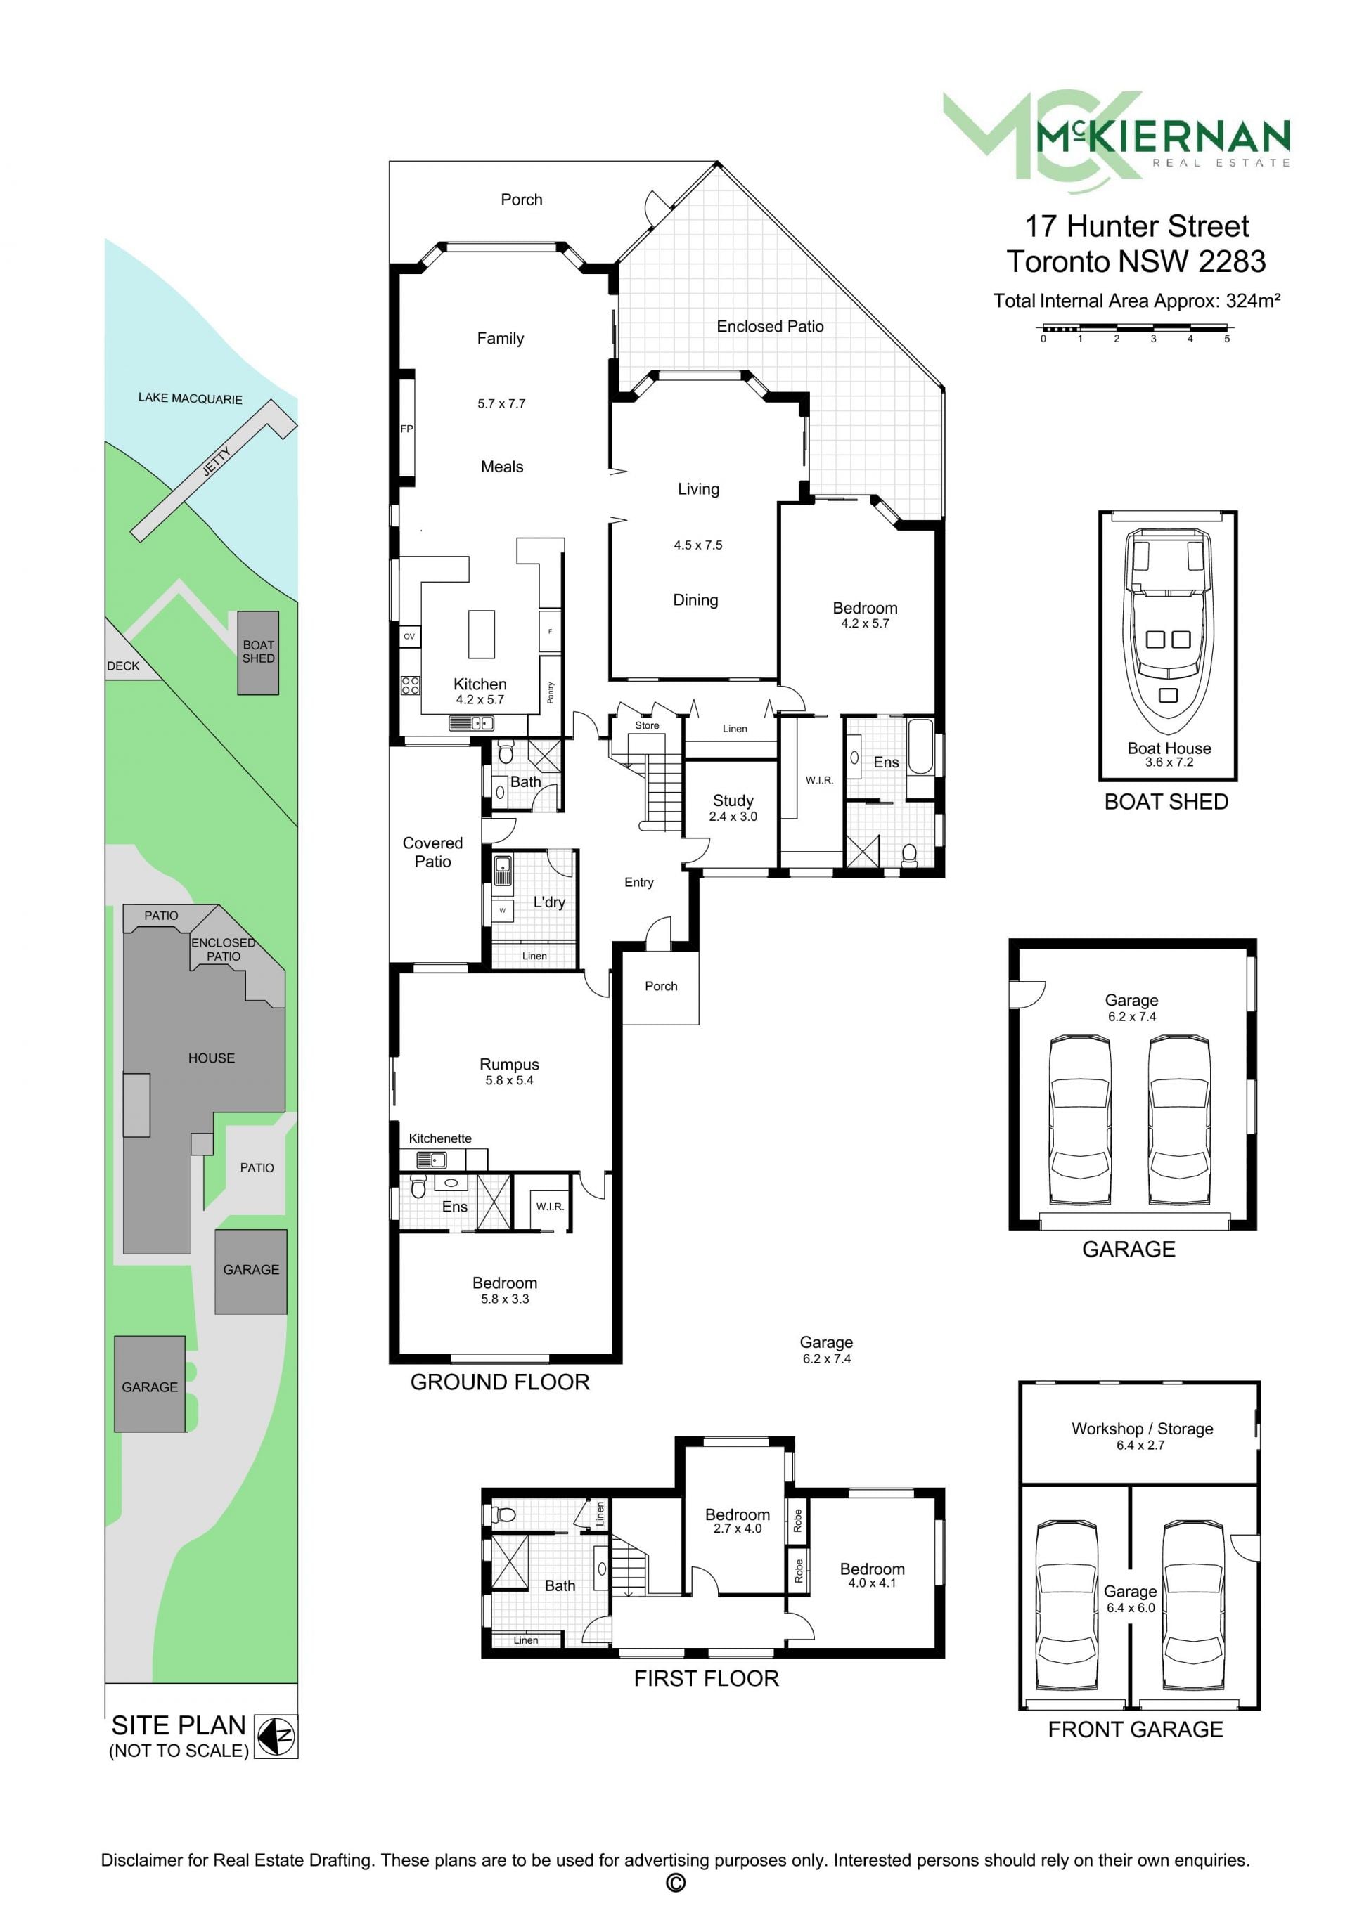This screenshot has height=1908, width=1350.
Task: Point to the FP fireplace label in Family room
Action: click(406, 429)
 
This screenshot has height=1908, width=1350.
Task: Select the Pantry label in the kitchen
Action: click(551, 692)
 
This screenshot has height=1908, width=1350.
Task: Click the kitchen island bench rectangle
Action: click(482, 634)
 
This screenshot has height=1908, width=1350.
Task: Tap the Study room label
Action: click(733, 800)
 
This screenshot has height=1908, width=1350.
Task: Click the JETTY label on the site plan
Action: click(217, 460)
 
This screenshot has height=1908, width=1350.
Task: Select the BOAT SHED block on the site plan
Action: click(258, 652)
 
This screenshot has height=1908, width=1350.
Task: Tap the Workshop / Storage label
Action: click(1142, 1429)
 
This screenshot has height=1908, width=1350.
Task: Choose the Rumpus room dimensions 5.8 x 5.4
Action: click(510, 1080)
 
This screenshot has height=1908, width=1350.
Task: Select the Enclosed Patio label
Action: click(770, 327)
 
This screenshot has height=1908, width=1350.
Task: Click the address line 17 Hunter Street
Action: click(1136, 226)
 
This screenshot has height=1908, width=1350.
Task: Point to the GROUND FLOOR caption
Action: click(500, 1382)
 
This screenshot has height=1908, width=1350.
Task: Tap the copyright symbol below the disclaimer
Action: click(675, 1882)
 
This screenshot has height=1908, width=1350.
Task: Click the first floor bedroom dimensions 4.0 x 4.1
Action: click(872, 1583)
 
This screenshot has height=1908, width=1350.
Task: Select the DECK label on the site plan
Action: click(123, 666)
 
